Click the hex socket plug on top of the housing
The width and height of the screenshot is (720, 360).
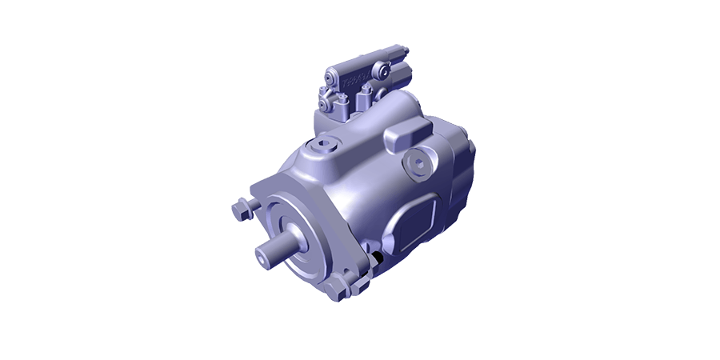point(322,146)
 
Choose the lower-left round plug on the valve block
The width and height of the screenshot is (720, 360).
point(323,104)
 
